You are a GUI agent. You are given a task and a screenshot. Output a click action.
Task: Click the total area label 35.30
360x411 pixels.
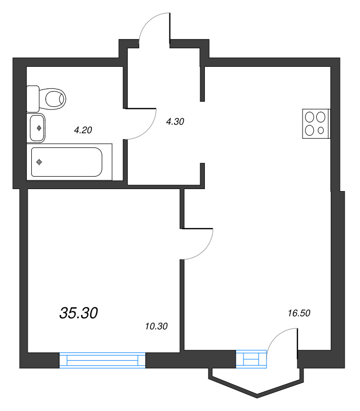click(79, 313)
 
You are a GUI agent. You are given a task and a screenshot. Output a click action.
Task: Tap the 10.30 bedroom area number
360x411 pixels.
click(157, 326)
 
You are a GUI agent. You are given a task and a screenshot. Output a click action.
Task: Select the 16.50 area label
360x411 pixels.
click(300, 312)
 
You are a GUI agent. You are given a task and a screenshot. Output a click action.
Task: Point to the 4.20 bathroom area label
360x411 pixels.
click(83, 130)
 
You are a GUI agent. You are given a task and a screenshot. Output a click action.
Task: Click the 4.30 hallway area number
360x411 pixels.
click(175, 122)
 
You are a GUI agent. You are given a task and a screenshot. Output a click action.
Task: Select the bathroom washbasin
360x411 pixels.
click(37, 128)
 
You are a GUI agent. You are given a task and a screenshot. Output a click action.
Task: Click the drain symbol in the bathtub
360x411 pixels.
click(39, 162)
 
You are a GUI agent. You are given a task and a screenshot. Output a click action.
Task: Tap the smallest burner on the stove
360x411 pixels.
click(321, 130)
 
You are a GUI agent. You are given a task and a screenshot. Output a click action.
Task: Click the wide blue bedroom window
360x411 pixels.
click(103, 360)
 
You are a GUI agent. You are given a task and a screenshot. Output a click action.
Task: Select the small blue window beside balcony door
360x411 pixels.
click(252, 359)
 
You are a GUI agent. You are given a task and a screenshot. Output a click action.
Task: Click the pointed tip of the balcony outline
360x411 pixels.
click(256, 397)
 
